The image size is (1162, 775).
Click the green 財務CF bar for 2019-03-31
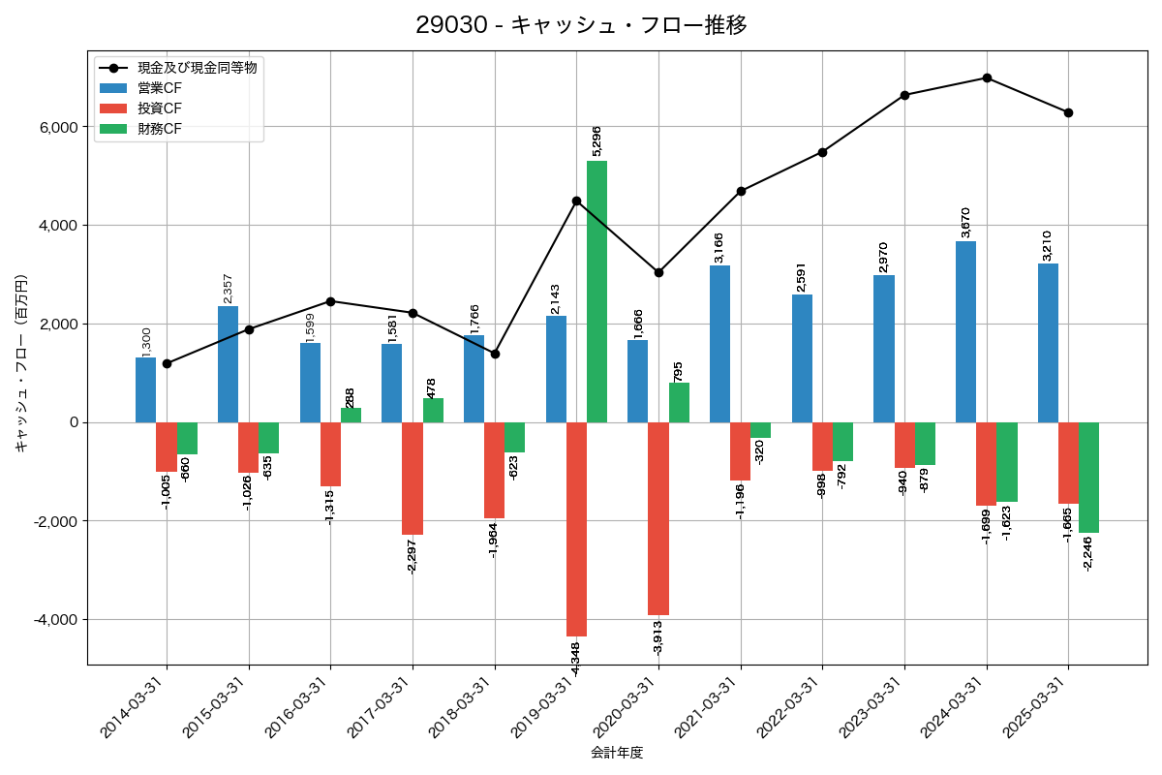point(596,291)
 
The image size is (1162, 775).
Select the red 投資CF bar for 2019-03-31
point(576,529)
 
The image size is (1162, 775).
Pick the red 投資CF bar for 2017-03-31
point(413,479)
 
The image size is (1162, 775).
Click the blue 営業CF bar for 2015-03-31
point(228,364)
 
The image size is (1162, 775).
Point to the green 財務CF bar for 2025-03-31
point(1088,478)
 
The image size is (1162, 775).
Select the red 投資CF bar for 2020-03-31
point(658,518)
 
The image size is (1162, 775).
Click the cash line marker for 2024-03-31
point(987,77)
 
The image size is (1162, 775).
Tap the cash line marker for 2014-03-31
point(167,363)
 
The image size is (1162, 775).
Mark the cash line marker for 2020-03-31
point(658,272)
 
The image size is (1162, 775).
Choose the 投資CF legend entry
point(160,108)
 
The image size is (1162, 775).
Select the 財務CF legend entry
point(160,129)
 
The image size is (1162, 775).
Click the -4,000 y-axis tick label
point(57,619)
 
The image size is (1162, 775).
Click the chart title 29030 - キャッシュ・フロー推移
point(581,25)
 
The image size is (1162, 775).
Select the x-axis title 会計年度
point(617,753)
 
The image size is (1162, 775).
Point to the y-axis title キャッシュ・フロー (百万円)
point(21,363)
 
